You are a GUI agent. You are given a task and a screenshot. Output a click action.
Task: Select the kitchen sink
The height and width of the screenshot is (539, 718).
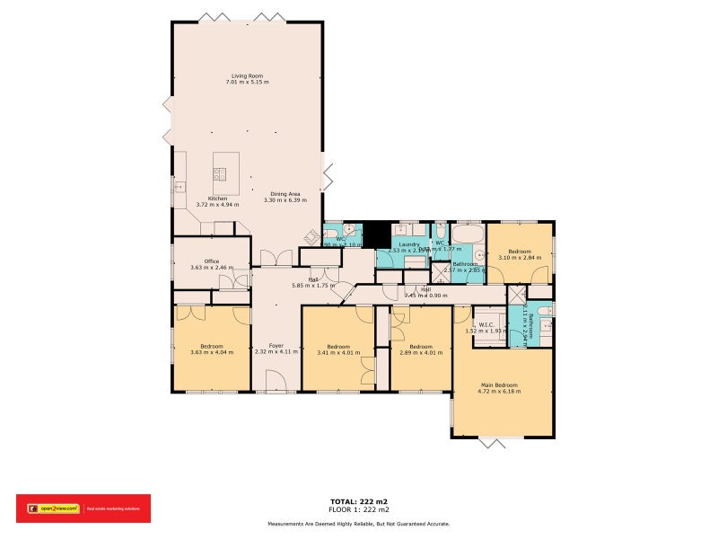click(179, 186)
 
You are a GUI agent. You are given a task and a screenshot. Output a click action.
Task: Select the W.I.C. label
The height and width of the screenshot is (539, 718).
click(486, 324)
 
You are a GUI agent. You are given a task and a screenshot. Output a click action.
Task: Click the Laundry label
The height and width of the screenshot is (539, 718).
click(410, 243)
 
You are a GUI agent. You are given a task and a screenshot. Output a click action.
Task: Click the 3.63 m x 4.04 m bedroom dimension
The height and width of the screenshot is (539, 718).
click(211, 352)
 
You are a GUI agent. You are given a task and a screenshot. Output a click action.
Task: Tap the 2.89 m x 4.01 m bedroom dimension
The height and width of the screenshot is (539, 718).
click(421, 352)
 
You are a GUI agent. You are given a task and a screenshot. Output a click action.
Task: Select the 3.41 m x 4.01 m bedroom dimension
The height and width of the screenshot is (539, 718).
click(337, 352)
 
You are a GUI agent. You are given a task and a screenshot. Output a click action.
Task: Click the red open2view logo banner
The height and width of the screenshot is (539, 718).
click(83, 508)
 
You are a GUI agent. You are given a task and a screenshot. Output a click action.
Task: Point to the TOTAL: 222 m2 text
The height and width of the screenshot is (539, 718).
click(359, 501)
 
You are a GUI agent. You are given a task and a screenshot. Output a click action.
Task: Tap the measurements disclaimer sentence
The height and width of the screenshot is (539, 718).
click(359, 524)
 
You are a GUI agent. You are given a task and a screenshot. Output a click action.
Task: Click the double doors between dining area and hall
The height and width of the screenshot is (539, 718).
click(276, 259)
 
